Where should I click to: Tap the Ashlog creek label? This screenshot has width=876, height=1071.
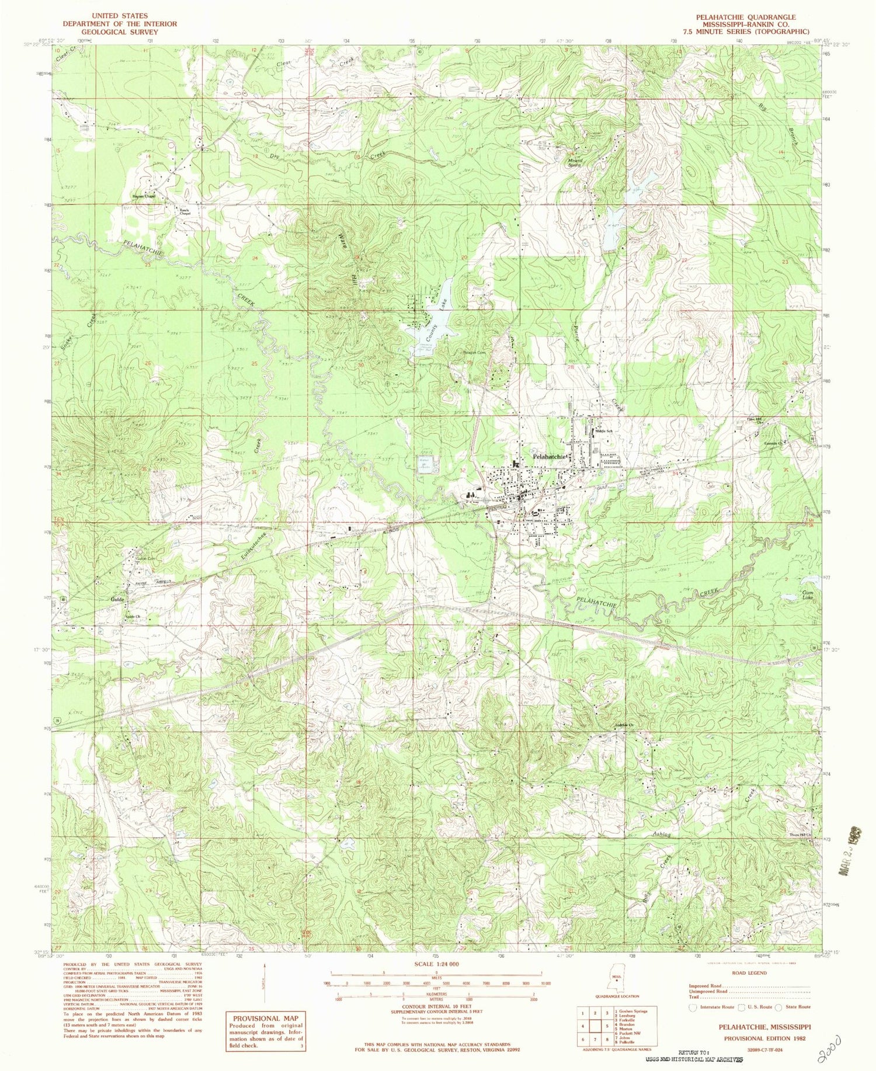click(x=661, y=835)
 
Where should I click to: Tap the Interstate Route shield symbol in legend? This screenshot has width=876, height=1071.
click(x=694, y=1007)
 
